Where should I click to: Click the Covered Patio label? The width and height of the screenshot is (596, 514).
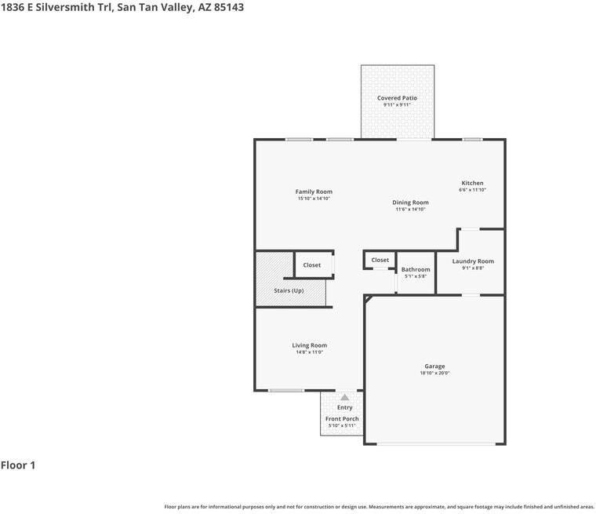click(x=397, y=98)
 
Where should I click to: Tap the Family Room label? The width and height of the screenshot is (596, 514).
click(x=314, y=191)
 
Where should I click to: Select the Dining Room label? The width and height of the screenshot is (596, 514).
click(x=410, y=202)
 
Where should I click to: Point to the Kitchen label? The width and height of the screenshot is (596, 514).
click(x=472, y=183)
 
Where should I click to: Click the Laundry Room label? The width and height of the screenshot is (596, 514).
click(x=473, y=261)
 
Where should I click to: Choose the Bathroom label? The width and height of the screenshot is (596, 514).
click(x=416, y=269)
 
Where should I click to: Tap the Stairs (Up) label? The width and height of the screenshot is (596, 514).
click(x=289, y=290)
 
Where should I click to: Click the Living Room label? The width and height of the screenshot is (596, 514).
click(x=310, y=345)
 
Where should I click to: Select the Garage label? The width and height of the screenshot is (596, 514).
click(x=434, y=366)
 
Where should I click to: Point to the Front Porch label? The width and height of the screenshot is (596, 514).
click(x=342, y=419)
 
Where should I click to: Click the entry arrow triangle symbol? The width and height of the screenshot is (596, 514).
click(x=344, y=398)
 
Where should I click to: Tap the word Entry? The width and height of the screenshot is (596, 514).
click(x=345, y=407)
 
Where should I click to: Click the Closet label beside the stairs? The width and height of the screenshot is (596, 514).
click(x=312, y=265)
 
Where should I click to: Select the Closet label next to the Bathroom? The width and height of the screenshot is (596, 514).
click(x=380, y=260)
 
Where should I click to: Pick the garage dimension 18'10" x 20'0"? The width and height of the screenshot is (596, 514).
click(x=434, y=374)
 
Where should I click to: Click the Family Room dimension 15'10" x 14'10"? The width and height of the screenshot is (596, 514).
click(x=314, y=199)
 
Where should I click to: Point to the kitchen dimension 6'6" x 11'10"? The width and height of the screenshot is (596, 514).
click(x=472, y=190)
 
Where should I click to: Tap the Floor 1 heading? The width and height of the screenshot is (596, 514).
click(x=18, y=465)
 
